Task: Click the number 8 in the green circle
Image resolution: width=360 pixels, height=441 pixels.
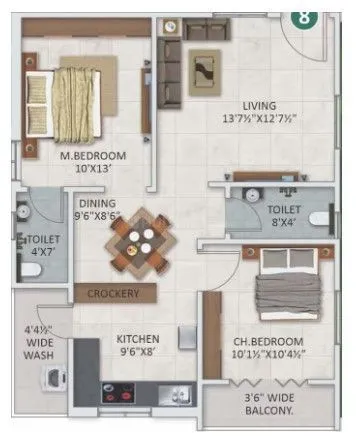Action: (299, 17)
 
